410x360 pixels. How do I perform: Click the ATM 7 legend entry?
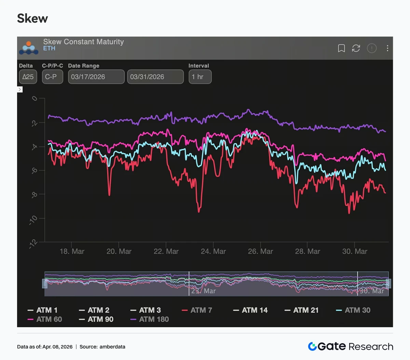click(x=197, y=310)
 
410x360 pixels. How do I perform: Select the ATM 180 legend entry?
click(x=150, y=319)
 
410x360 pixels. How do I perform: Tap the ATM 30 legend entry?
click(x=353, y=310)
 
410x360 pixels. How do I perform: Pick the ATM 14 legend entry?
click(x=250, y=310)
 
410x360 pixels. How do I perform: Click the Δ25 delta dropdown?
click(x=28, y=77)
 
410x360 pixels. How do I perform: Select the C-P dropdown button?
click(x=52, y=77)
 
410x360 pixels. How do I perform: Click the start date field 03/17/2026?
click(x=96, y=77)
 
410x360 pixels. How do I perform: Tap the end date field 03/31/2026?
click(x=155, y=77)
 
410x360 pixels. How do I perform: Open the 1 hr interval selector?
click(x=200, y=77)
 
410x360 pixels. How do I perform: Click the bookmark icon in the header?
click(x=341, y=48)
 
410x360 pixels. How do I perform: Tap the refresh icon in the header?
click(x=356, y=48)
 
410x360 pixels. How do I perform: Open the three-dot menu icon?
click(x=387, y=48)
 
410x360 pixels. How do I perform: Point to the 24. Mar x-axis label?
click(x=213, y=252)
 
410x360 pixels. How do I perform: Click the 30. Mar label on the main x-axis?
click(x=355, y=252)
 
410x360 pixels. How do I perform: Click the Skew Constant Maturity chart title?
click(x=83, y=42)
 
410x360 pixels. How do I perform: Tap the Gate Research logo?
click(x=351, y=346)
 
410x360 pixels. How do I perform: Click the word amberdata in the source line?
click(x=112, y=347)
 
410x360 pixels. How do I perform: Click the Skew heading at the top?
click(x=32, y=18)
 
